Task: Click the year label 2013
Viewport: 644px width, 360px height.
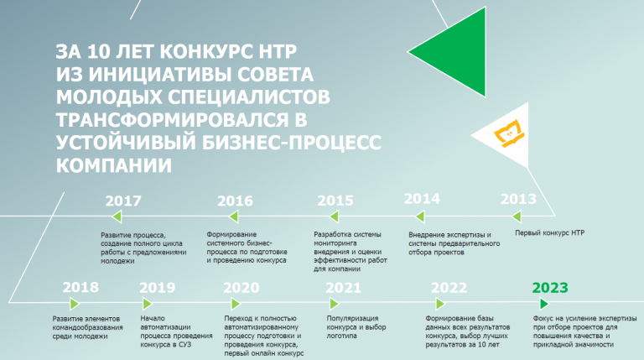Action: tap(518, 199)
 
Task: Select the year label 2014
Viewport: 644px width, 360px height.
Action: tap(422, 199)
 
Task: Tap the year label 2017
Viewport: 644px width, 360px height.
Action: tap(123, 201)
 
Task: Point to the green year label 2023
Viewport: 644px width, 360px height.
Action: tap(550, 288)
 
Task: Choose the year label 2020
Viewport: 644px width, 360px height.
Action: tap(241, 288)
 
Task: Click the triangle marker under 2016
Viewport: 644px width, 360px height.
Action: tap(234, 217)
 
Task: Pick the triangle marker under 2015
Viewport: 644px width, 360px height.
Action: tap(335, 217)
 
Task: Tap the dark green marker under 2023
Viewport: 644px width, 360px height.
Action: tap(544, 304)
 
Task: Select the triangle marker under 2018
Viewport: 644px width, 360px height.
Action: tap(75, 304)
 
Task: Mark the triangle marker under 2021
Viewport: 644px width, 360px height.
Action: tap(334, 304)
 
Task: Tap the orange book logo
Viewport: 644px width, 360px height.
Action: tap(509, 133)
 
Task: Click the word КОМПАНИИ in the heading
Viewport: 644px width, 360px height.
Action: tap(114, 165)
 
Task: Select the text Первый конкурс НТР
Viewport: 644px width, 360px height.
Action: tap(549, 232)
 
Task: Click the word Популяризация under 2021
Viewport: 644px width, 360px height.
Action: tap(352, 318)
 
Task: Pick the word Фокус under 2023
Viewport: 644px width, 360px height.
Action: tap(543, 318)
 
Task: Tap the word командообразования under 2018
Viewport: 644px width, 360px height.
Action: tap(87, 327)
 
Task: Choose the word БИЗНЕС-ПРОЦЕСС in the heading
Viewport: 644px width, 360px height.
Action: tap(291, 143)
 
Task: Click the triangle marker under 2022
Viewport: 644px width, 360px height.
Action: tap(440, 304)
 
